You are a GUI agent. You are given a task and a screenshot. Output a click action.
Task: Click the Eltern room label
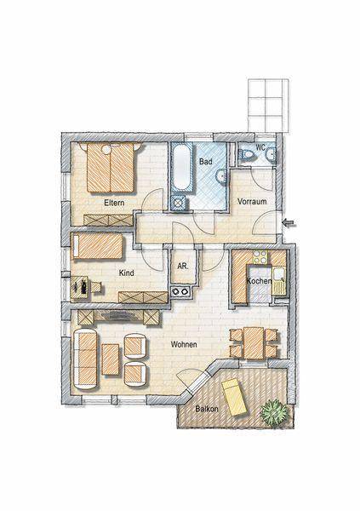115,203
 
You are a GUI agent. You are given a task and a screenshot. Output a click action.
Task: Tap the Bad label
205,160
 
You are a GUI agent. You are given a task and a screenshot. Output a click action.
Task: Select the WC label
260,147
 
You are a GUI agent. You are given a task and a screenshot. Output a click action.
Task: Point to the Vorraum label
252,202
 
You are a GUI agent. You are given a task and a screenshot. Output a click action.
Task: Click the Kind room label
127,273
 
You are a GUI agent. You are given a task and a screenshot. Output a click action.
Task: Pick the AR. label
182,266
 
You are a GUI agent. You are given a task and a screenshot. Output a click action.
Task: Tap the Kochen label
259,280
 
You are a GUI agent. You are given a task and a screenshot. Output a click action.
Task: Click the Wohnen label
184,345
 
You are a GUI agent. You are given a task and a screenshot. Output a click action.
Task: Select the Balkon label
207,410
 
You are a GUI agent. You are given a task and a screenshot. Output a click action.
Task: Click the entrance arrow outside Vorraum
289,223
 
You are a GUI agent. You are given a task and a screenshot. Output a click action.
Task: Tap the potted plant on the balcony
274,413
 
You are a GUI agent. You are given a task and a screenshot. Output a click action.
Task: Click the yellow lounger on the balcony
235,396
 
